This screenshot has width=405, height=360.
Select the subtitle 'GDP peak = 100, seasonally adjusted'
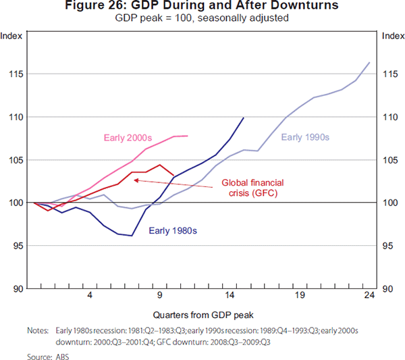pyautogui.click(x=202, y=18)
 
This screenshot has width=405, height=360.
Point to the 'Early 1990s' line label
pyautogui.click(x=304, y=138)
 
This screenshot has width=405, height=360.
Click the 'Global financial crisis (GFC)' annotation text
pyautogui.click(x=253, y=188)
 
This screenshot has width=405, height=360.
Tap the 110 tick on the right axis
pyautogui.click(x=390, y=117)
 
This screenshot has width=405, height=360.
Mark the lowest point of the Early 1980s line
pyautogui.click(x=132, y=236)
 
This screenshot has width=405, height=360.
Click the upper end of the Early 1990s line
pyautogui.click(x=369, y=63)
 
